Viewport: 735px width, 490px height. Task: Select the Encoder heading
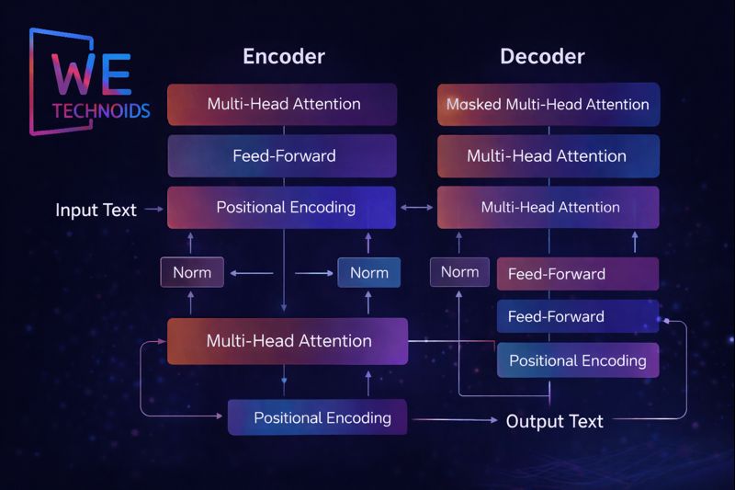tap(283, 56)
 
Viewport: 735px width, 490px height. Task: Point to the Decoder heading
tap(542, 56)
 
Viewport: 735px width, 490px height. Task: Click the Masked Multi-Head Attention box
tap(548, 104)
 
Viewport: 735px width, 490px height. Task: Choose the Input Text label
tap(96, 210)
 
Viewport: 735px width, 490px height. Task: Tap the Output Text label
tap(554, 421)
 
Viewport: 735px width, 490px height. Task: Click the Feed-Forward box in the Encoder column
tap(283, 155)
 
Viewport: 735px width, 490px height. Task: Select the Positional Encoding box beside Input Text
tap(283, 207)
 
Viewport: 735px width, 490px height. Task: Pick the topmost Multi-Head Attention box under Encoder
tap(283, 104)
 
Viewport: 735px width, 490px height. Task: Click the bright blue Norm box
tap(369, 273)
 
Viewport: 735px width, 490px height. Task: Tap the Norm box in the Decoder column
tap(459, 271)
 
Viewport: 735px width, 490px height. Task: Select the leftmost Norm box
tap(192, 272)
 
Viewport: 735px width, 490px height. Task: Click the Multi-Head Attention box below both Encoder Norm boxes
tap(288, 341)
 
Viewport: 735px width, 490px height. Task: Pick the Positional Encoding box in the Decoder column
tap(577, 360)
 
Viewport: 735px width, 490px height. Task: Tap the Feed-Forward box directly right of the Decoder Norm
tap(577, 273)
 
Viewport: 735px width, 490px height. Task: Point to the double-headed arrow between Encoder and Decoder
tap(417, 208)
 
